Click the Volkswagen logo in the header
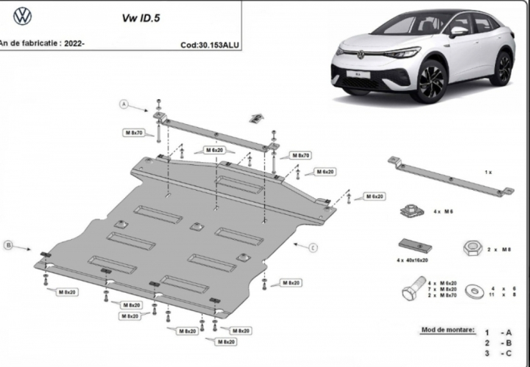23,16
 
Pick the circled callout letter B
8,244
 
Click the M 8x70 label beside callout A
133,132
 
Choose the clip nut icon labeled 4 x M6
410,211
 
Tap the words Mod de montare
447,331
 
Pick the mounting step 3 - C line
497,353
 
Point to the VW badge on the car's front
361,54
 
